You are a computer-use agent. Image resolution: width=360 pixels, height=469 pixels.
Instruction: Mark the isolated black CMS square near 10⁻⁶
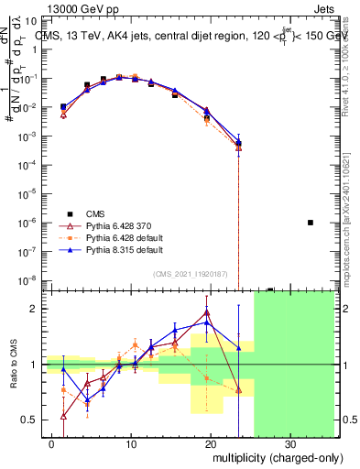coord(311,223)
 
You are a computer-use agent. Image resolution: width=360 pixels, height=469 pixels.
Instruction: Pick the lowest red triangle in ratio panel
coord(63,415)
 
